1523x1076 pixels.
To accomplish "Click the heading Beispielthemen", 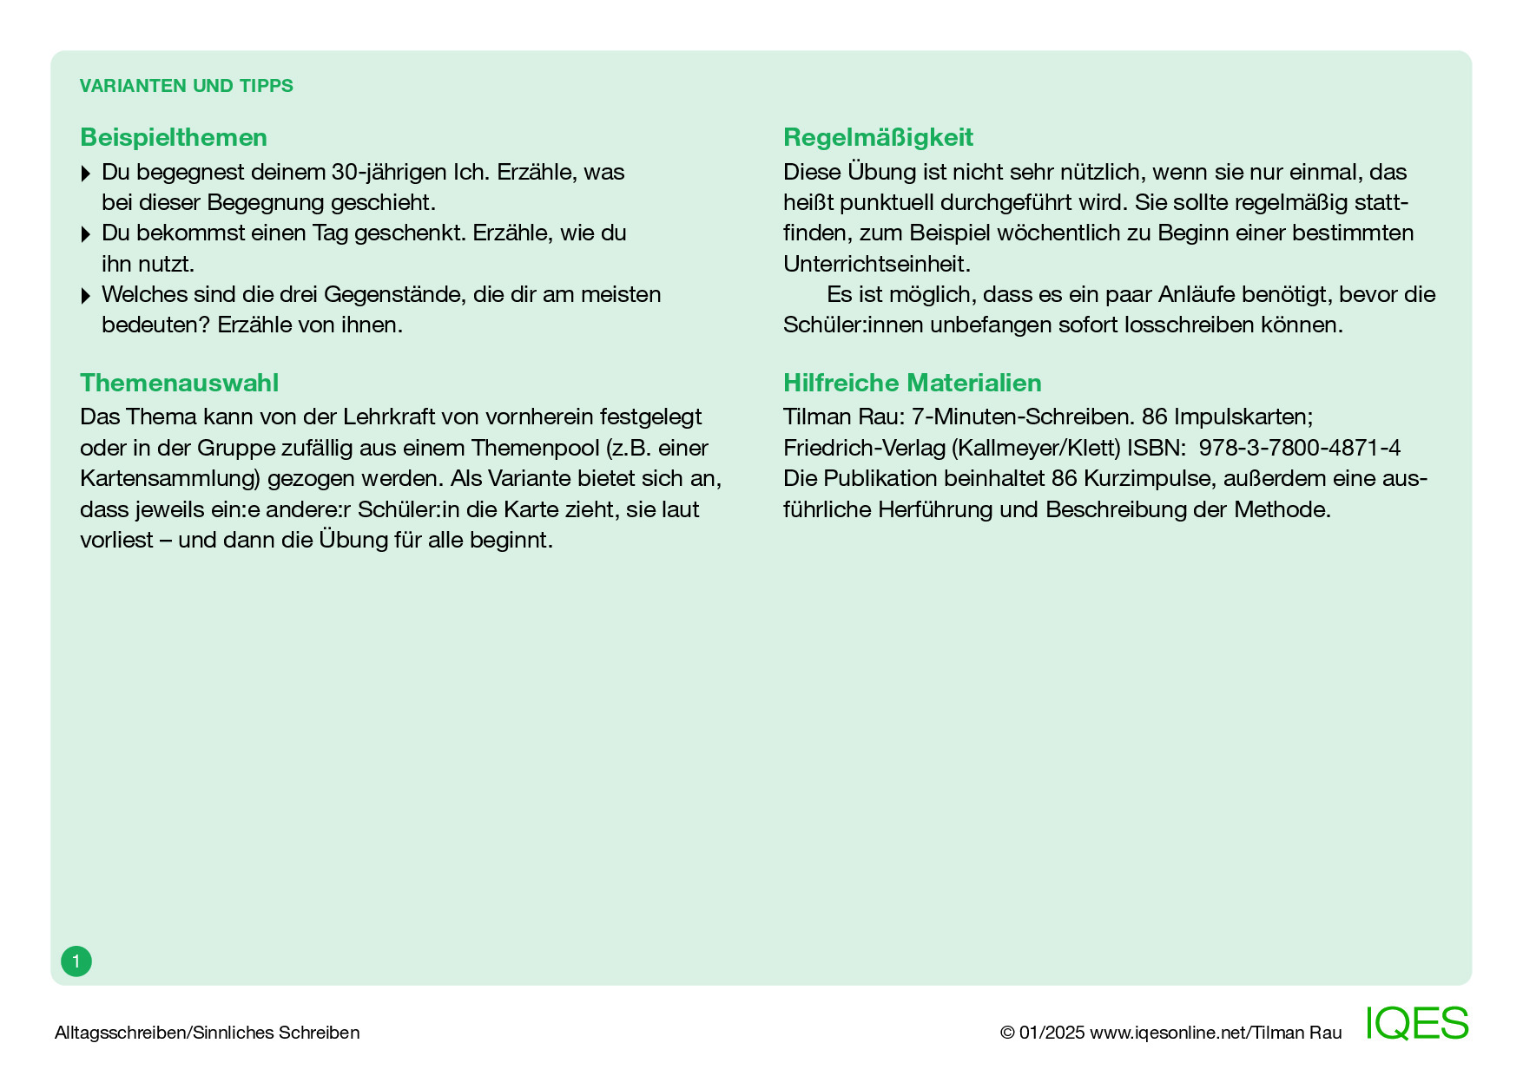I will tap(174, 137).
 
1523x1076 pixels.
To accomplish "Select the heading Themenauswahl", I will tap(179, 383).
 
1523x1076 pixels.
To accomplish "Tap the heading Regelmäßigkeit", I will tap(878, 137).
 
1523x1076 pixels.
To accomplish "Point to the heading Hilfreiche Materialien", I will tap(912, 383).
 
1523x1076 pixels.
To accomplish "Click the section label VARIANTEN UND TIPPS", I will tap(186, 86).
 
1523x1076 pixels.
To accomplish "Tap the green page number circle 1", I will tap(76, 961).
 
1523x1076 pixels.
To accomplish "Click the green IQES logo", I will tap(1416, 1024).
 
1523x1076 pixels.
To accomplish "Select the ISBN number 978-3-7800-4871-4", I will tap(1299, 448).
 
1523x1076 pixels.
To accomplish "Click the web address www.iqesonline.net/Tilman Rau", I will tap(1215, 1033).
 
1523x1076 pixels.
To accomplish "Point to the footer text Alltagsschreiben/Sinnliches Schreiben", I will tap(207, 1033).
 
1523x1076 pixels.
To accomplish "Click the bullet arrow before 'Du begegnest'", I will tap(85, 174).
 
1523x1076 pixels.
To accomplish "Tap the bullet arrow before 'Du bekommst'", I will tap(85, 234).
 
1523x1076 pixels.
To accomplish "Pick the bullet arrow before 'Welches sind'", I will tap(85, 296).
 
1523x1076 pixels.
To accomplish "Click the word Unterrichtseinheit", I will tap(876, 264).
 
